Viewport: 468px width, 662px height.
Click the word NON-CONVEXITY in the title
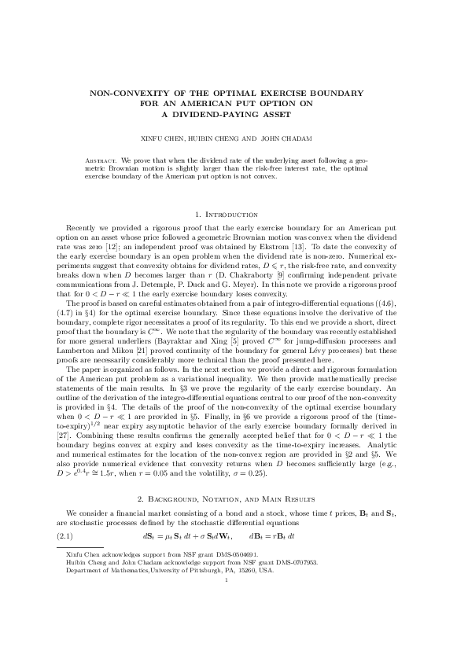point(123,93)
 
